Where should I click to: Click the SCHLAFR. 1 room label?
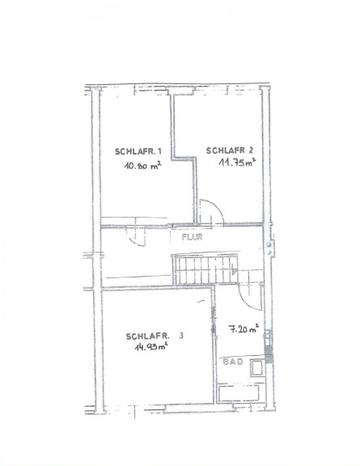pyautogui.click(x=138, y=151)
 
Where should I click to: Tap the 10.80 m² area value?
pyautogui.click(x=142, y=165)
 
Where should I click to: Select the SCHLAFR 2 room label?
pyautogui.click(x=230, y=150)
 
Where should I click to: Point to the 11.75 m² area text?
pyautogui.click(x=237, y=163)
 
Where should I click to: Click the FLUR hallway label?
pyautogui.click(x=192, y=237)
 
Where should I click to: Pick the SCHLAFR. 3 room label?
pyautogui.click(x=155, y=337)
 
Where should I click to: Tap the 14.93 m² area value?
pyautogui.click(x=151, y=347)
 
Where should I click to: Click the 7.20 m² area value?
pyautogui.click(x=244, y=329)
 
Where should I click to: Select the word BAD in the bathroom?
pyautogui.click(x=233, y=362)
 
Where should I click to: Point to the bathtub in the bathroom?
pyautogui.click(x=239, y=392)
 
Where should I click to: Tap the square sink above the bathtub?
pyautogui.click(x=256, y=368)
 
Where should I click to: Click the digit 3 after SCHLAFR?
pyautogui.click(x=181, y=336)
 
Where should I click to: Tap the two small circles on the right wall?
pyautogui.click(x=269, y=248)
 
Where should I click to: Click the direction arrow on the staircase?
pyautogui.click(x=235, y=271)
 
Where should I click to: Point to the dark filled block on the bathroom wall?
pyautogui.click(x=269, y=355)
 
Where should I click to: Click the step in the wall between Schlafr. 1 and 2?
pyautogui.click(x=184, y=159)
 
